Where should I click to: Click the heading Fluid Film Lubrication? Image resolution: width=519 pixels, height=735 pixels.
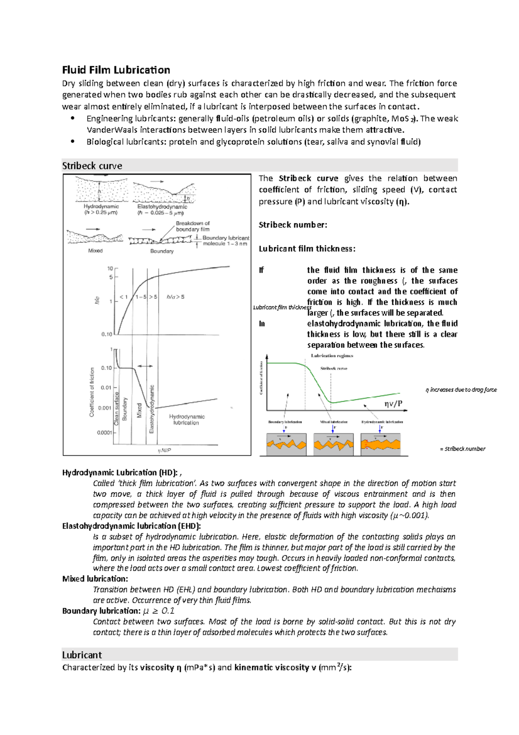tap(116, 70)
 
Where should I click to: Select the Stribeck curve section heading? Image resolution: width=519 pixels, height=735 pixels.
tap(92, 166)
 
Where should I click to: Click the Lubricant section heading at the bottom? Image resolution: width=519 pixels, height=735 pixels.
tap(82, 654)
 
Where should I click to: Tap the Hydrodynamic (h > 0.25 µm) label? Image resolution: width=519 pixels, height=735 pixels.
tap(101, 210)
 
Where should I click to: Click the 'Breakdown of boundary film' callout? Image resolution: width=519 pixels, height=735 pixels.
tap(192, 226)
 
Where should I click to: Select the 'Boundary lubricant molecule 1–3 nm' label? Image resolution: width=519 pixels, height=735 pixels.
tap(225, 241)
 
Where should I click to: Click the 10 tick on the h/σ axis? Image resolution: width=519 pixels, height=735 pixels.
tap(110, 268)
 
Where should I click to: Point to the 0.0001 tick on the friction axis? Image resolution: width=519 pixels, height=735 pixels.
tap(105, 432)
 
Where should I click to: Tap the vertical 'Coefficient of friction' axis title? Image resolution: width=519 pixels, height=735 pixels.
tap(92, 392)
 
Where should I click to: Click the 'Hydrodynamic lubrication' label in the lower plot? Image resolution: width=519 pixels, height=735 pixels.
tap(186, 419)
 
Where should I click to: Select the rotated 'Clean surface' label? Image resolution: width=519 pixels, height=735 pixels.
tap(116, 409)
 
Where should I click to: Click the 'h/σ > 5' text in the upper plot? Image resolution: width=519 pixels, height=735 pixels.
tap(175, 297)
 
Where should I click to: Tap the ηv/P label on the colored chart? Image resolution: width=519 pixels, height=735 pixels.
tap(393, 403)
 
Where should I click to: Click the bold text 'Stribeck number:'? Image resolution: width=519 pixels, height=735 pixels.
tap(293, 225)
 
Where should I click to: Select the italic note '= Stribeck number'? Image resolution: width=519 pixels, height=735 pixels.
tap(462, 449)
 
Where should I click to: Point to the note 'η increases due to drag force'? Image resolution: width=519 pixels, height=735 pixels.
tap(461, 390)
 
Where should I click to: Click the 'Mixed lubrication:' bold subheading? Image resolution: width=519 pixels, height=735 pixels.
tap(95, 579)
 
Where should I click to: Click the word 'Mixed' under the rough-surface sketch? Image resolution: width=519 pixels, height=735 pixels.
tap(95, 251)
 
